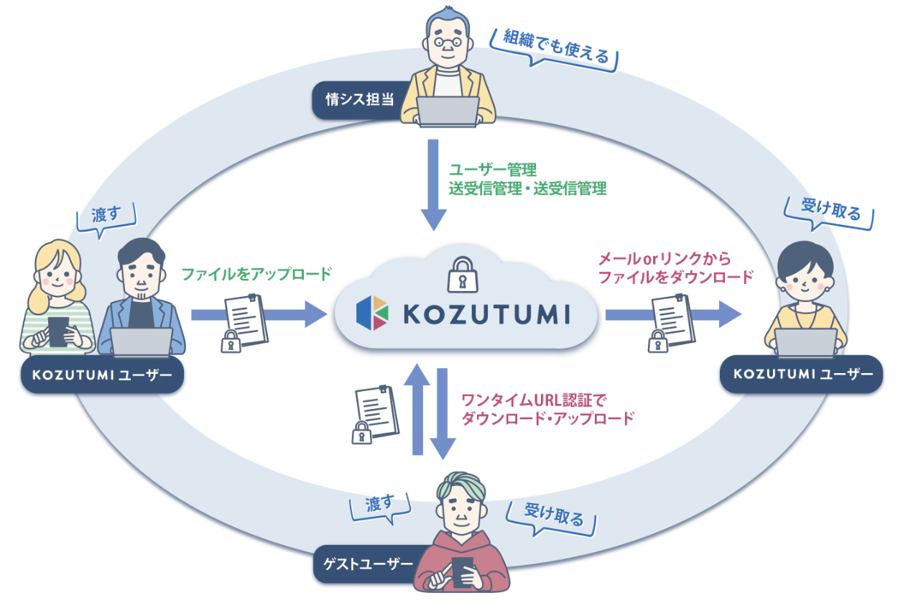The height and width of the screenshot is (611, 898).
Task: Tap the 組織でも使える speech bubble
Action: click(555, 50)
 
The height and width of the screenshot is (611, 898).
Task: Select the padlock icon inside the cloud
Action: click(463, 274)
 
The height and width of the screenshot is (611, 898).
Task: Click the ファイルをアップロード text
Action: click(256, 274)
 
